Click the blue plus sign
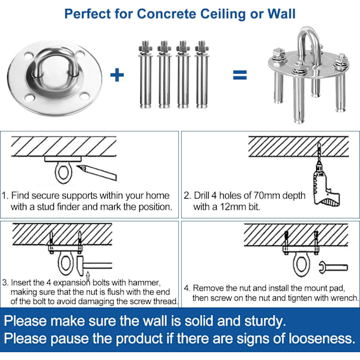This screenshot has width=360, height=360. point(117,75)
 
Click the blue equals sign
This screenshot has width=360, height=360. point(240,75)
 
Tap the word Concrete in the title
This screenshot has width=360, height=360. point(167,14)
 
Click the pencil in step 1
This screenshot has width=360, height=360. point(97,172)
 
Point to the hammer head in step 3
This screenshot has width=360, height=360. point(80,266)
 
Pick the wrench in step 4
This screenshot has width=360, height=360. point(334,268)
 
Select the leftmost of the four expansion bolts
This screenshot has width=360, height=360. point(145,74)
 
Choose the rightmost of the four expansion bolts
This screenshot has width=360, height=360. point(202,74)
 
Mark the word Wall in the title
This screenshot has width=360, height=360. point(281,14)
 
